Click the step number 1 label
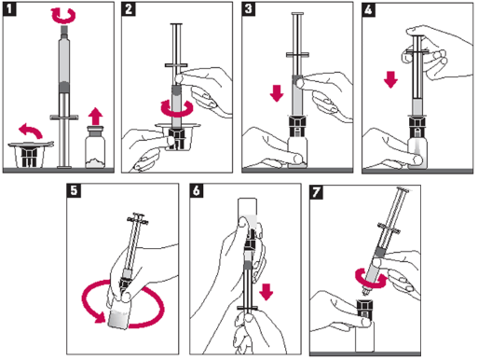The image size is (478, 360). [9, 9]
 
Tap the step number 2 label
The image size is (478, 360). [129, 9]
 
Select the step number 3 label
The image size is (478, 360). [249, 9]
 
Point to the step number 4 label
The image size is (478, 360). [369, 9]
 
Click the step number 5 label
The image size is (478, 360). [74, 190]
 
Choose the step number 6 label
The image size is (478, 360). [197, 190]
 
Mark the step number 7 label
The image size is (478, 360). [317, 192]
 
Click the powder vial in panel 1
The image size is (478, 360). [95, 147]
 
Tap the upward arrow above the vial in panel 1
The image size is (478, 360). [95, 116]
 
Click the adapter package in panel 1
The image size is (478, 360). [30, 155]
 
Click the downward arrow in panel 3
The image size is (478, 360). [277, 93]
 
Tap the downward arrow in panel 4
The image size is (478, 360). [390, 79]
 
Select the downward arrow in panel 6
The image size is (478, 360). [266, 292]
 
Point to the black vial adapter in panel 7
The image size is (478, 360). [364, 309]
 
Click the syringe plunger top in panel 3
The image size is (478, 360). [297, 14]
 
